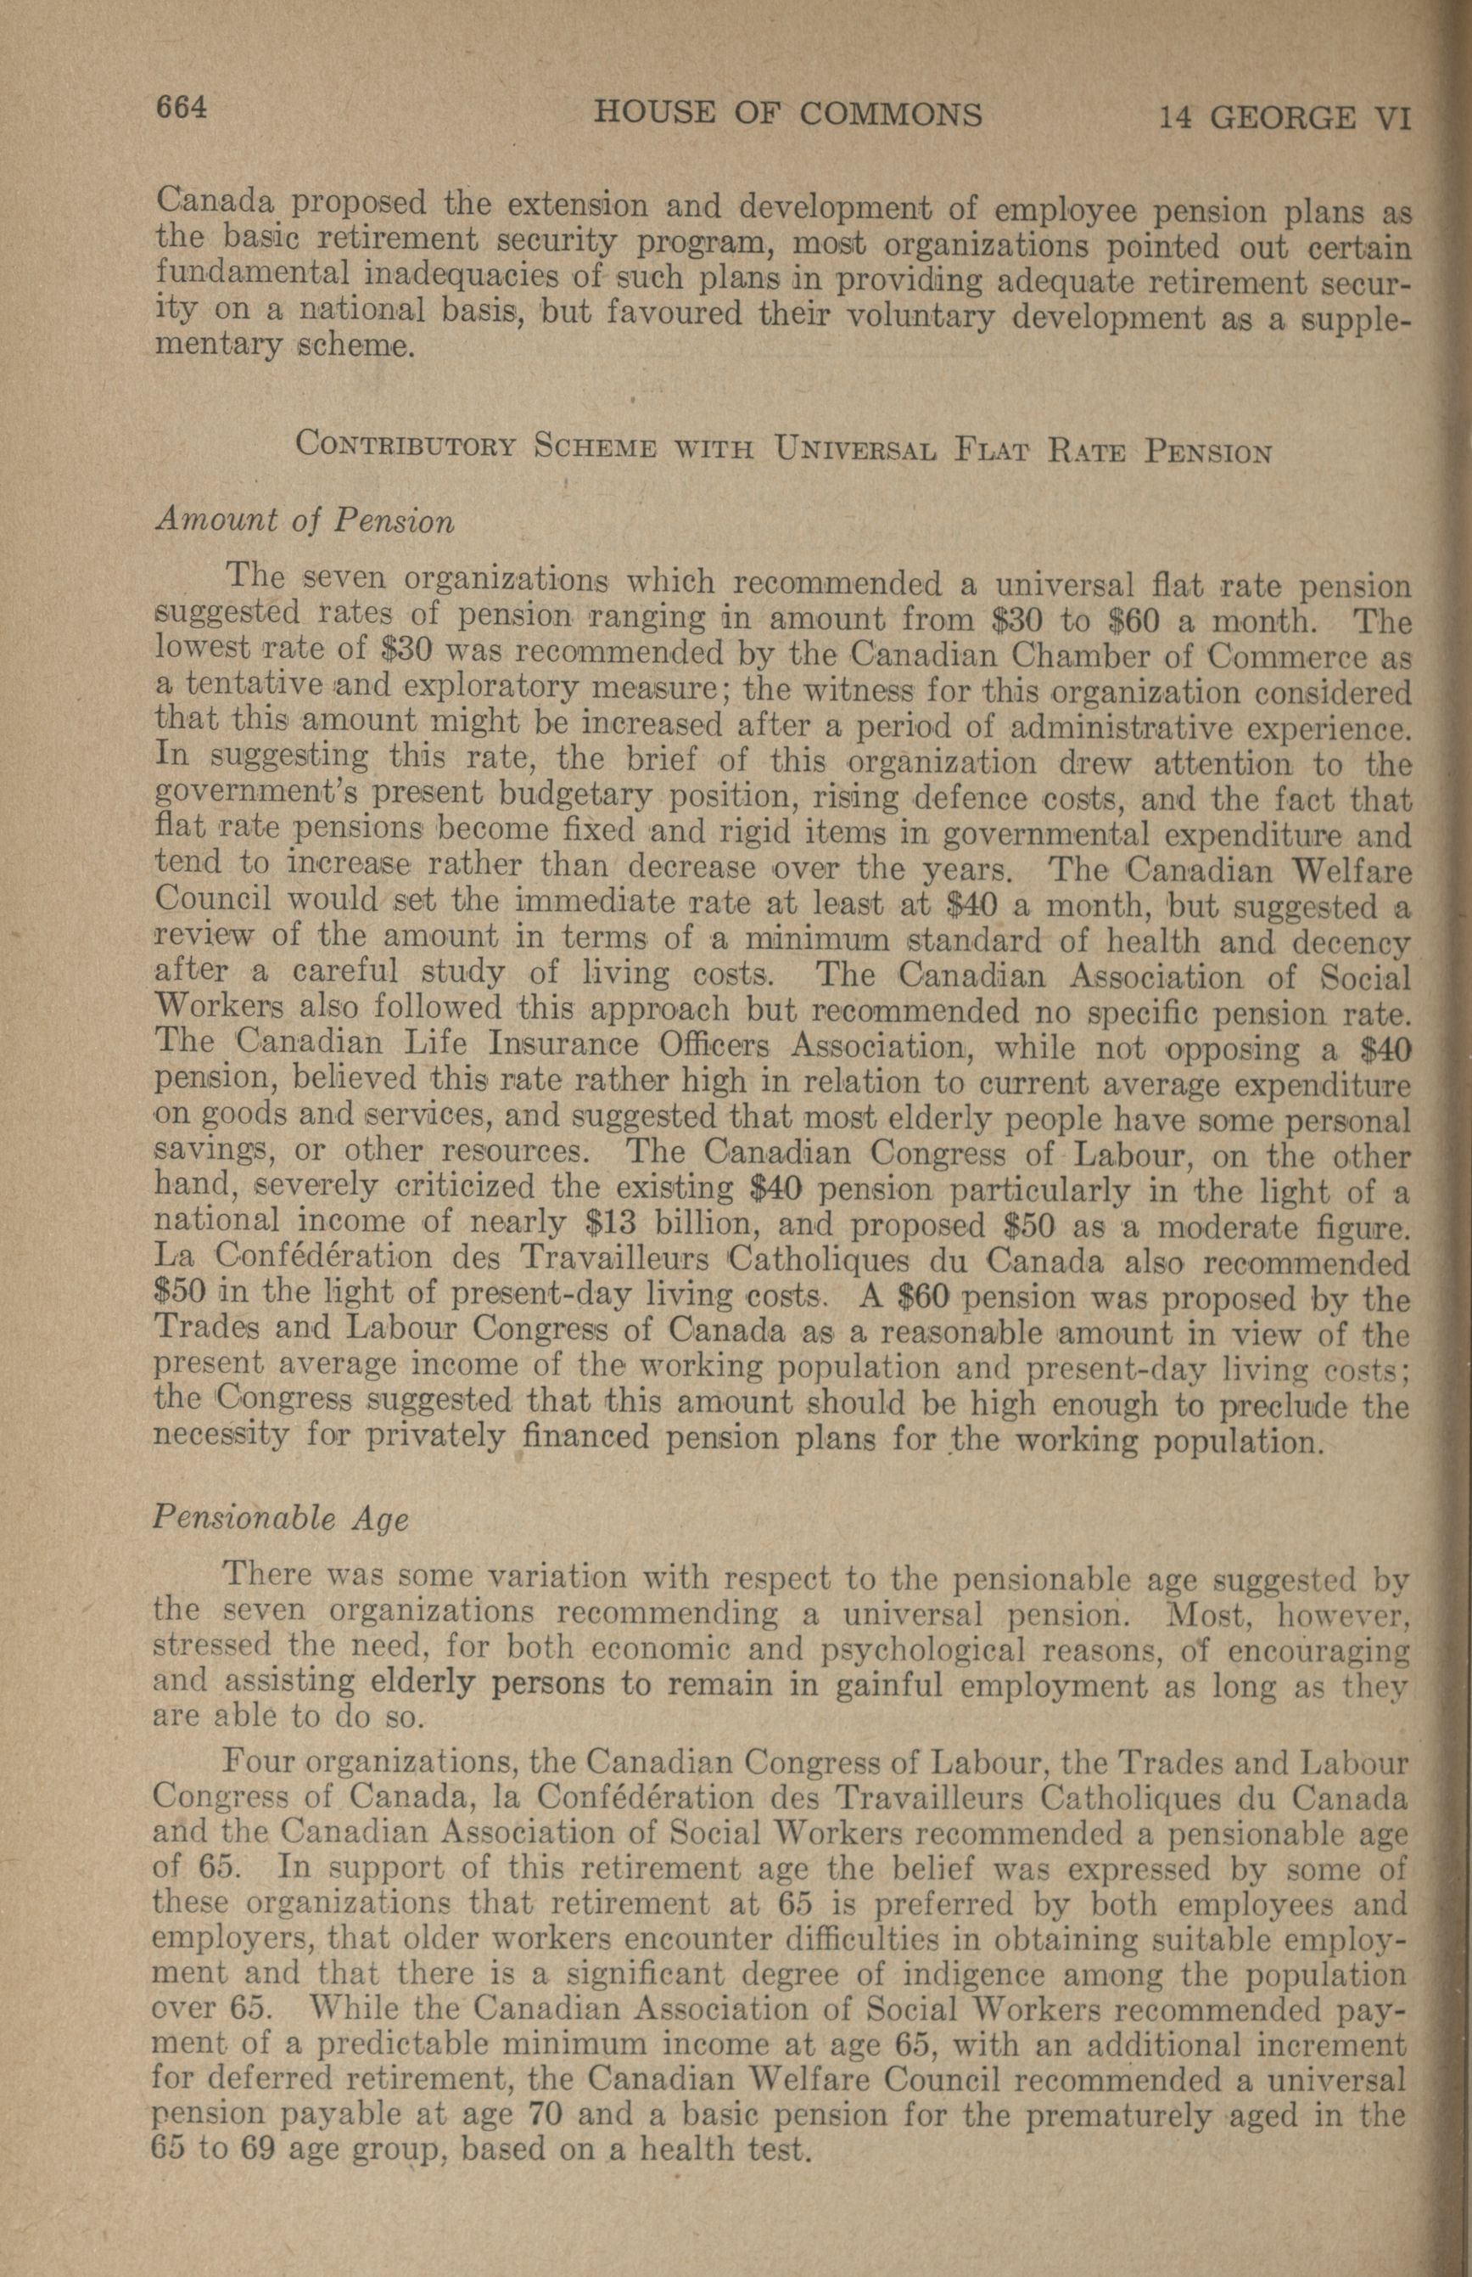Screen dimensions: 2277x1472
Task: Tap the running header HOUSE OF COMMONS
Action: (787, 114)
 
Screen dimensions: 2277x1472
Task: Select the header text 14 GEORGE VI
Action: (1285, 119)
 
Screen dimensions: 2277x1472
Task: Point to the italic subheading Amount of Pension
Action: (304, 521)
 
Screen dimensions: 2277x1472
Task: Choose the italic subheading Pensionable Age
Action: (281, 1520)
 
